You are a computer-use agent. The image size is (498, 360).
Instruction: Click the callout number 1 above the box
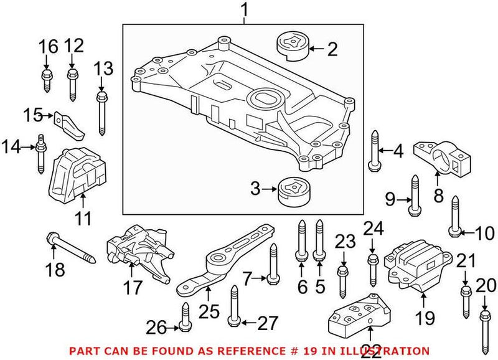click(244, 10)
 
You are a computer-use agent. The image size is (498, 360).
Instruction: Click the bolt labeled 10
click(454, 216)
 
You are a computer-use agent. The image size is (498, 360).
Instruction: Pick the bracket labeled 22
click(358, 319)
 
